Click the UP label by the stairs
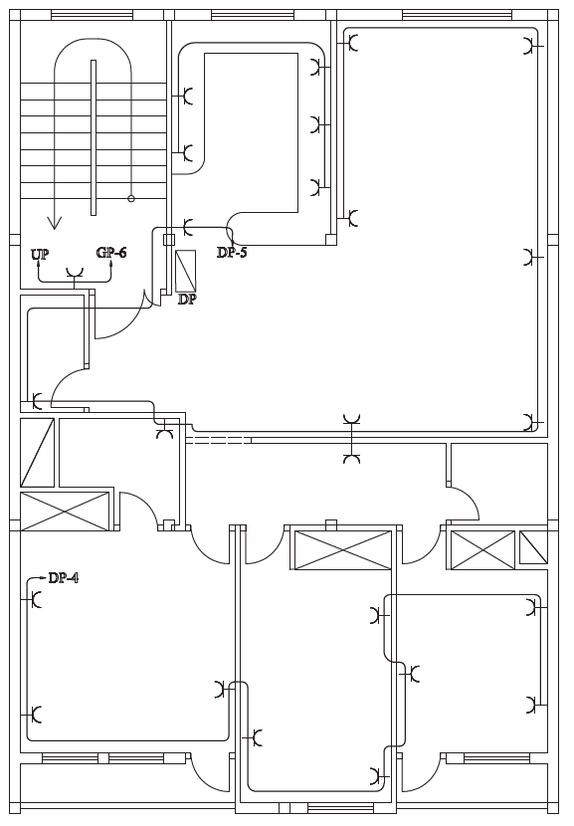click(40, 254)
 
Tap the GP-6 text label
click(111, 253)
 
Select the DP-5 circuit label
click(232, 253)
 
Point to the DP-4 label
click(64, 578)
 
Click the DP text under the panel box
click(187, 300)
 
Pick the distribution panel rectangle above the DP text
click(185, 271)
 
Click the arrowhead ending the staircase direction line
click(54, 223)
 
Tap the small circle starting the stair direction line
click(131, 199)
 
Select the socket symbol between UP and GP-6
click(75, 273)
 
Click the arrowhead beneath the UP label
click(38, 265)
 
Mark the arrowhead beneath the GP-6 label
click(111, 264)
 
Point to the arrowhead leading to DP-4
click(43, 578)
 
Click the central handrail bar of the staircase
click(94, 137)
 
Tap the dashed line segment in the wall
click(219, 440)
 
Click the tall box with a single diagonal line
click(38, 453)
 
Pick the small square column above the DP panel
click(168, 240)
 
